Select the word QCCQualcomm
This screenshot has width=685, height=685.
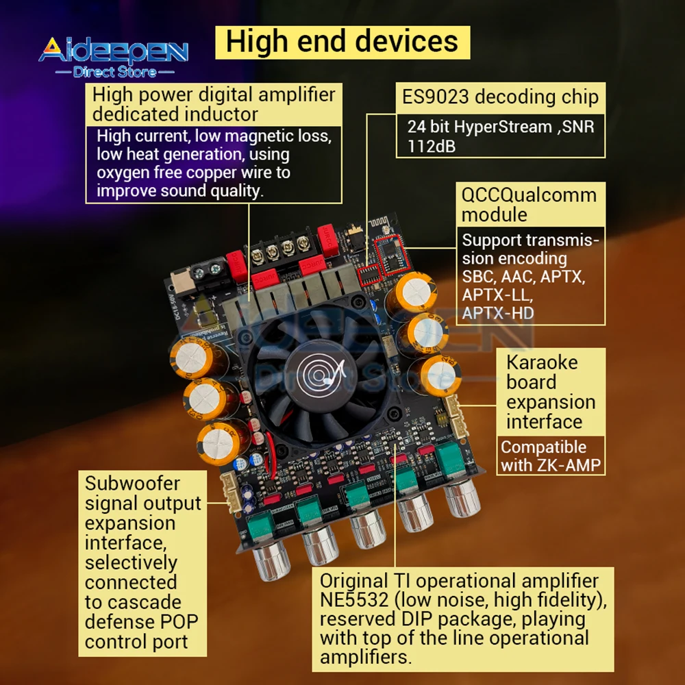(x=528, y=195)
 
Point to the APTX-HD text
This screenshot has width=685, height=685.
(x=498, y=314)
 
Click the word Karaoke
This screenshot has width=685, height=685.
(x=542, y=362)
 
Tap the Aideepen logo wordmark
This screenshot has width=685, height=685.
(x=113, y=51)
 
